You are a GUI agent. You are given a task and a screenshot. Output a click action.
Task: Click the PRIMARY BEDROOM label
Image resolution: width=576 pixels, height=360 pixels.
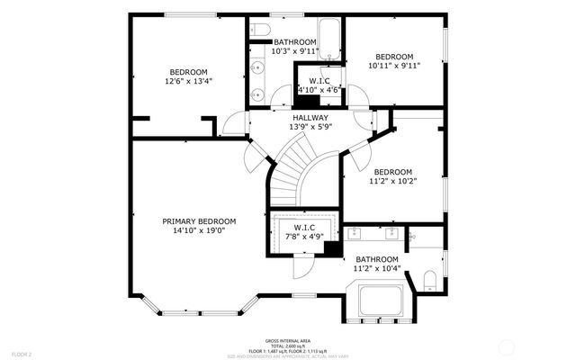coord(199,221)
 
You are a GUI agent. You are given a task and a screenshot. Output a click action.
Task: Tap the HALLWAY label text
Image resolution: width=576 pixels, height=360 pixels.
coord(310,118)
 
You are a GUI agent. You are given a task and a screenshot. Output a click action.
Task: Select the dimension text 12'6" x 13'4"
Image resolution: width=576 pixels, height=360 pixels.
coord(188,82)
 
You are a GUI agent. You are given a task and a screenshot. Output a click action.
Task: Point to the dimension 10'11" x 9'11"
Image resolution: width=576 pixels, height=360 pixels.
coord(394,65)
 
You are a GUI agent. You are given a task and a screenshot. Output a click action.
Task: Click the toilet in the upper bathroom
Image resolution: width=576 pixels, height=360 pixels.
coord(259,27)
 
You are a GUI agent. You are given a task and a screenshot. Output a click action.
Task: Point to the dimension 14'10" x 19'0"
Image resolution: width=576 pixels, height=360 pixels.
coord(199,231)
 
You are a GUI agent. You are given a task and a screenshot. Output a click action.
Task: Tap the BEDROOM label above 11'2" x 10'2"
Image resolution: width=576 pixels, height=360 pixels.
coord(393,172)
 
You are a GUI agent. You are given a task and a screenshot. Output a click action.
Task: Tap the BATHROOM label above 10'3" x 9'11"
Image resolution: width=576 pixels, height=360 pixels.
coord(295,42)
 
